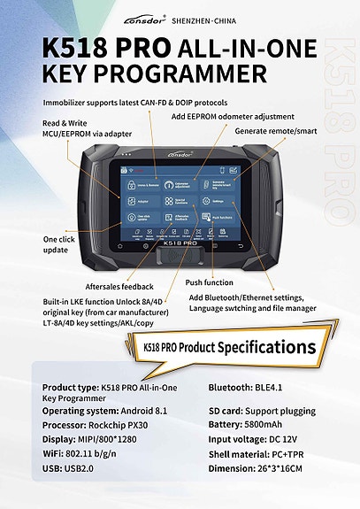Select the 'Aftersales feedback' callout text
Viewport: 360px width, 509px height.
coord(119,287)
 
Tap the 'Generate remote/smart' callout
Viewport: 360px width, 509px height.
coord(275,130)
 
